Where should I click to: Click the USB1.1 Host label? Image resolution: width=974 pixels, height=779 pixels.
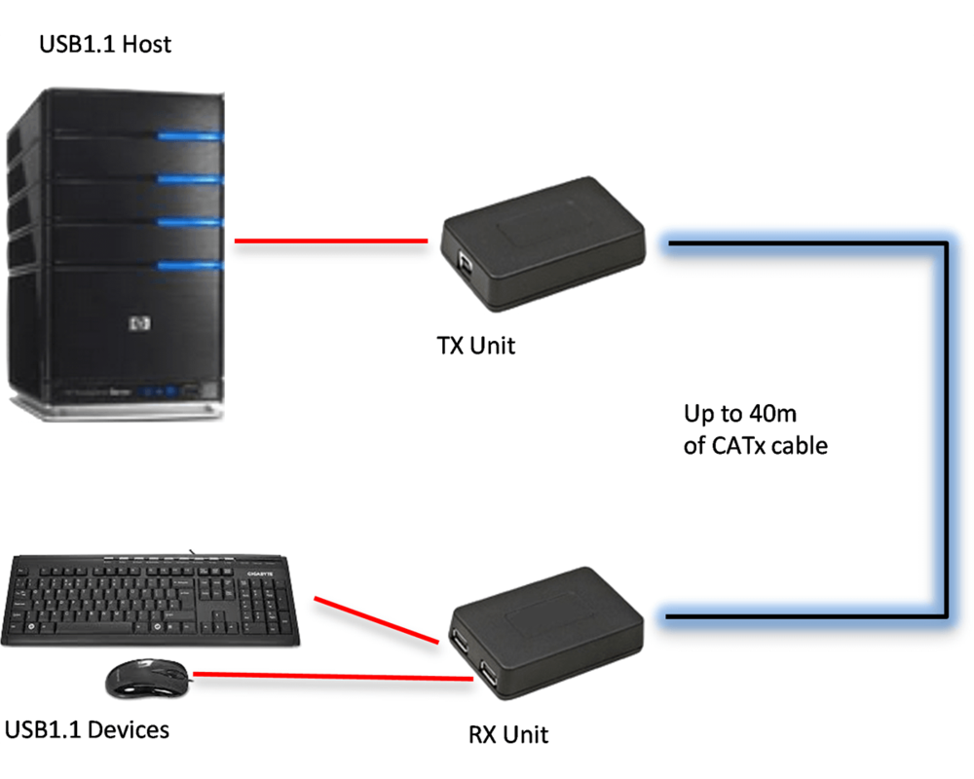104,44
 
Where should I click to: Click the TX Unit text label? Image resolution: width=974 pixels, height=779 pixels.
475,345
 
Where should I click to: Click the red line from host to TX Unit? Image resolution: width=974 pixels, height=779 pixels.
331,241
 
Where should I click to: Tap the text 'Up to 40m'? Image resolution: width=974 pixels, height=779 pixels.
740,414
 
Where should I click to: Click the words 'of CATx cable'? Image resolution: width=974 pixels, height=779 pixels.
755,446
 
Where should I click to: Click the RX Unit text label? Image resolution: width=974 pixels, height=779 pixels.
508,735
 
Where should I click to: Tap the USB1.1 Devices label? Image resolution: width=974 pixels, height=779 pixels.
87,729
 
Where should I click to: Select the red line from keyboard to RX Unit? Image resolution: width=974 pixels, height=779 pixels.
375,620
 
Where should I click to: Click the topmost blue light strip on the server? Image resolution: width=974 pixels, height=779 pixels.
190,136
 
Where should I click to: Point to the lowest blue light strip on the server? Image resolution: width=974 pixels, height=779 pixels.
190,265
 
